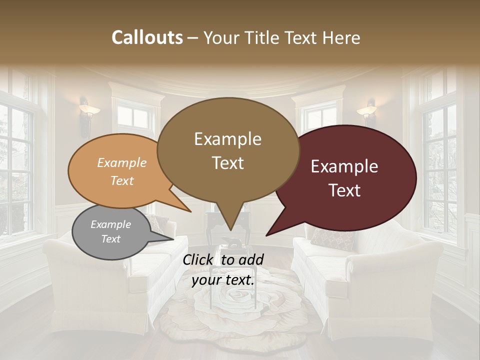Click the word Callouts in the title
pos(147,37)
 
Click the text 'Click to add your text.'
pos(223,270)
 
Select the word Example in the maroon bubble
pos(344,166)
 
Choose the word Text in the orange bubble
pos(122,180)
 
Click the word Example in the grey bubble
pos(111,224)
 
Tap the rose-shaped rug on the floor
pos(235,310)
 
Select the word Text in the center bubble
pos(228,162)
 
